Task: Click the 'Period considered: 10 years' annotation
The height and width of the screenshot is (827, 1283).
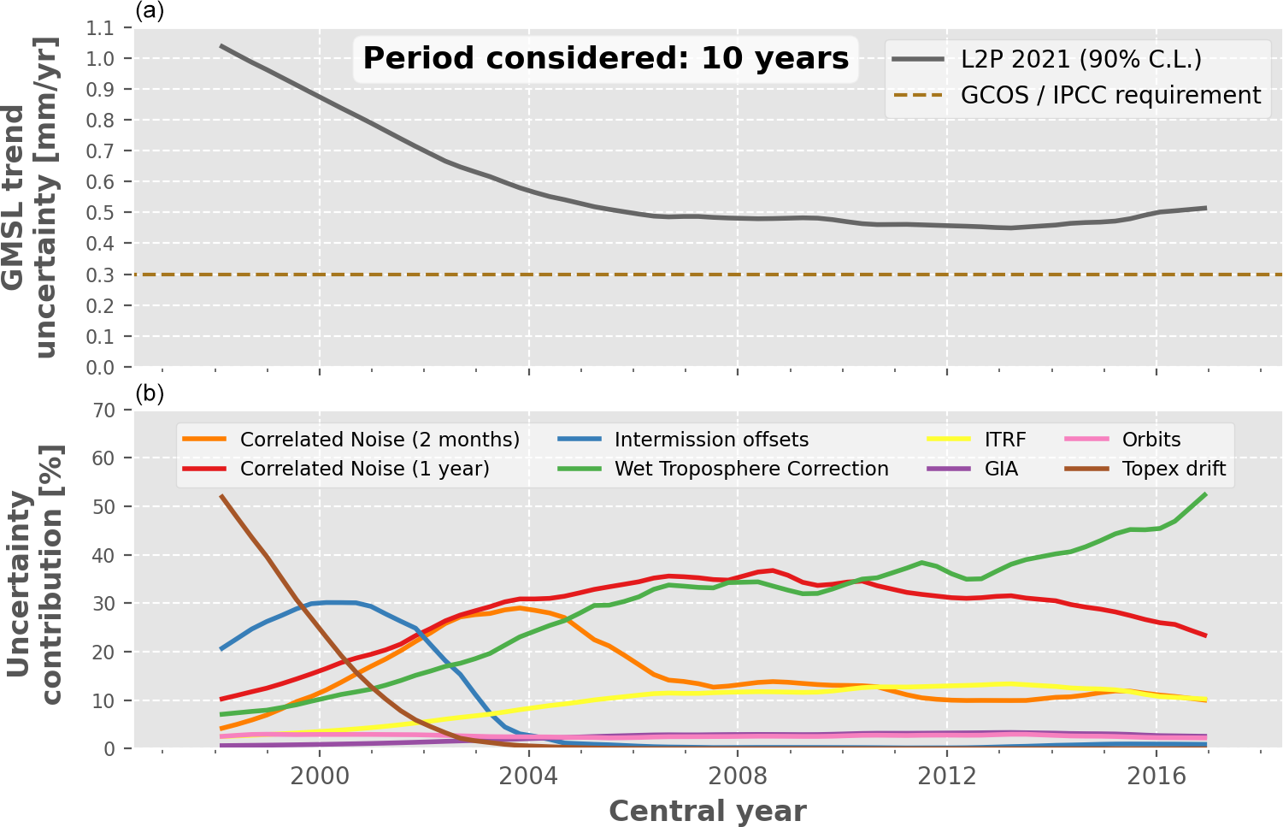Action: coord(605,58)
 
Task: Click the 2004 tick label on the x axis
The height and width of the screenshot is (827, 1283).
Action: coord(528,776)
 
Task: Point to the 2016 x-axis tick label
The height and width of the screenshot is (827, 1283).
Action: coord(1156,776)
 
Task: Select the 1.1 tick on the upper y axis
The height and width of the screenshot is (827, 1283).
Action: coord(100,28)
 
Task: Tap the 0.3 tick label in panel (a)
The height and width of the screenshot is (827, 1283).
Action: coord(100,275)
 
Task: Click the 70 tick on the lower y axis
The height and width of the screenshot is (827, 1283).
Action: coord(103,411)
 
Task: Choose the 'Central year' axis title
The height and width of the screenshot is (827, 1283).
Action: coord(707,811)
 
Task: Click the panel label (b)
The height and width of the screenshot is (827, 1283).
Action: coord(150,393)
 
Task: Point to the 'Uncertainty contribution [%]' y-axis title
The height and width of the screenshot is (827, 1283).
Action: coord(34,575)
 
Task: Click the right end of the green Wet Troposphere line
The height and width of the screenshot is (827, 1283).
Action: coord(1205,493)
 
